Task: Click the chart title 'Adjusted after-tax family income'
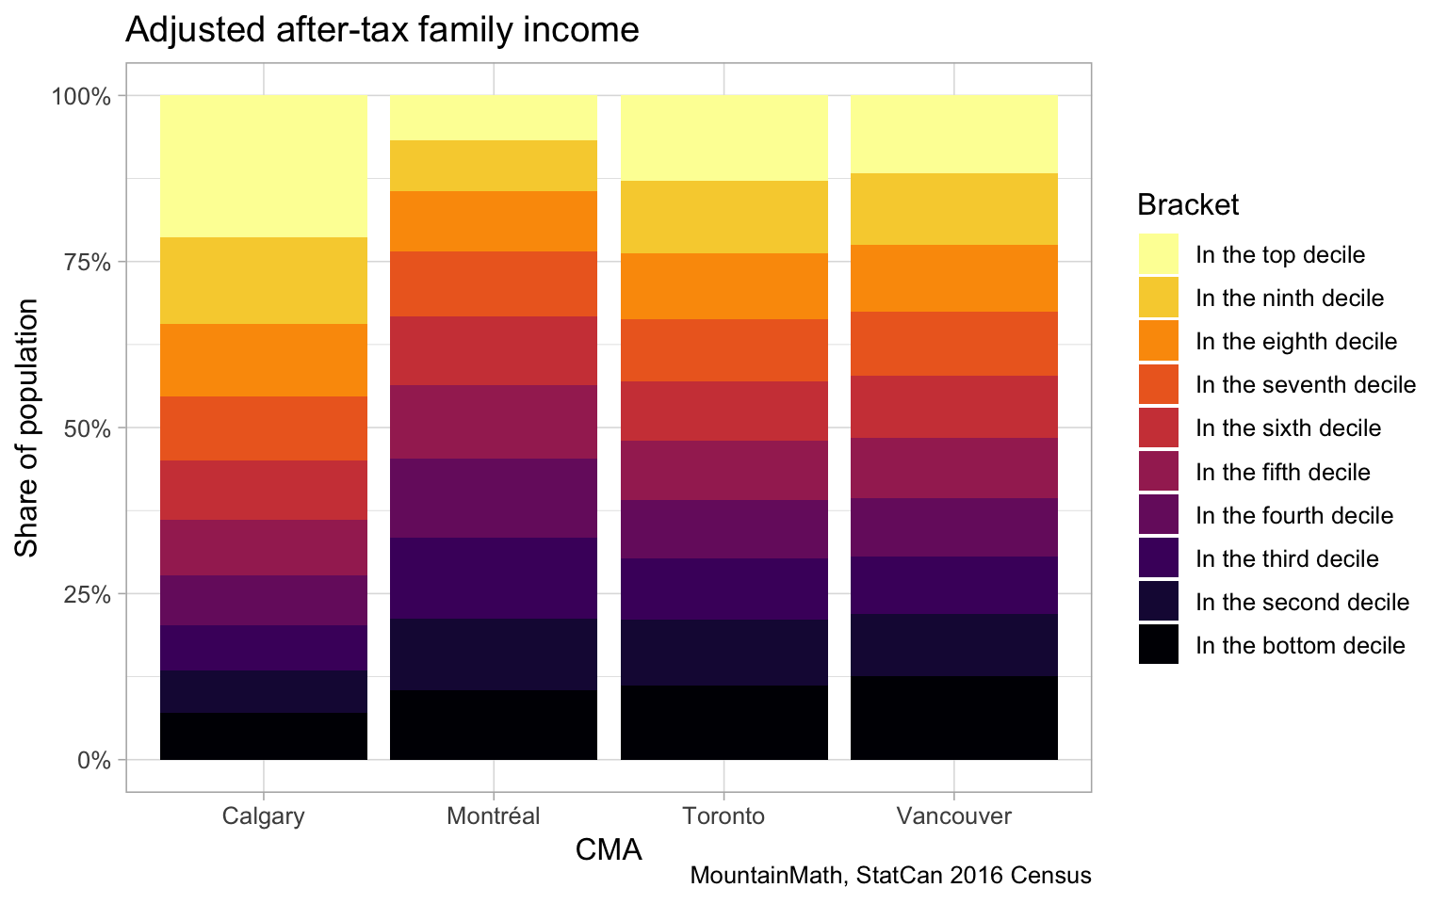[x=382, y=30]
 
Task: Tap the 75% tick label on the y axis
[x=88, y=262]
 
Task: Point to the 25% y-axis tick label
[x=88, y=594]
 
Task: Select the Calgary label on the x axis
[x=264, y=815]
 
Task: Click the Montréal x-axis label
[x=494, y=815]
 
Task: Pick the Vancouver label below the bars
[x=954, y=815]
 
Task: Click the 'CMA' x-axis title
[x=609, y=850]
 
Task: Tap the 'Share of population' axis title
[x=27, y=428]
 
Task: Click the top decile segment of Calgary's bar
[x=264, y=166]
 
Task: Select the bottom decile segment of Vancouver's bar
[x=954, y=718]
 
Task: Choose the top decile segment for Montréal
[x=494, y=118]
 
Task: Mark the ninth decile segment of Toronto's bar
[x=724, y=217]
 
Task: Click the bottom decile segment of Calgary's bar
[x=264, y=736]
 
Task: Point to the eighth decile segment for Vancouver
[x=954, y=278]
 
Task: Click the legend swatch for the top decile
[x=1159, y=254]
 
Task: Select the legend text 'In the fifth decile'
[x=1282, y=472]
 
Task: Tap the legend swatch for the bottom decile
[x=1159, y=645]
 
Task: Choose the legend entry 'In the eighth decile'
[x=1295, y=341]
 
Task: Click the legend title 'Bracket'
[x=1187, y=204]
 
